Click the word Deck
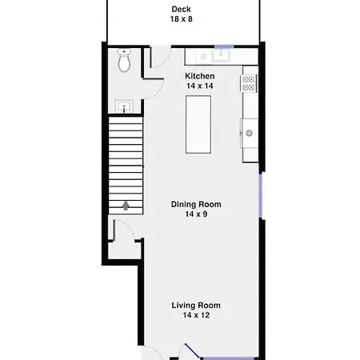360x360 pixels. [181, 9]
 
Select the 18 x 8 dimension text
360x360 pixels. [182, 19]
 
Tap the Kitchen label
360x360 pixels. [200, 76]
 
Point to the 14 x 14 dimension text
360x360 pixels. [200, 86]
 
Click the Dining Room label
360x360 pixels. [196, 204]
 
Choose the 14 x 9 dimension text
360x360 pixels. [196, 214]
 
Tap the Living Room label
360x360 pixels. [196, 306]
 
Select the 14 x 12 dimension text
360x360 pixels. [196, 315]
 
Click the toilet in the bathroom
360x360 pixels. [124, 60]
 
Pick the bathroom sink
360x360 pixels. [124, 106]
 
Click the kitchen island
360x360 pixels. [198, 125]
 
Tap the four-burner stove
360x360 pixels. [249, 83]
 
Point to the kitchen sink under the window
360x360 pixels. [221, 56]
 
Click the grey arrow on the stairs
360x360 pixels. [126, 206]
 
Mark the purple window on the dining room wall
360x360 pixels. [261, 195]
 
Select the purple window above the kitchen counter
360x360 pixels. [224, 47]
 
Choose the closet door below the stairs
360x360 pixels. [124, 230]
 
